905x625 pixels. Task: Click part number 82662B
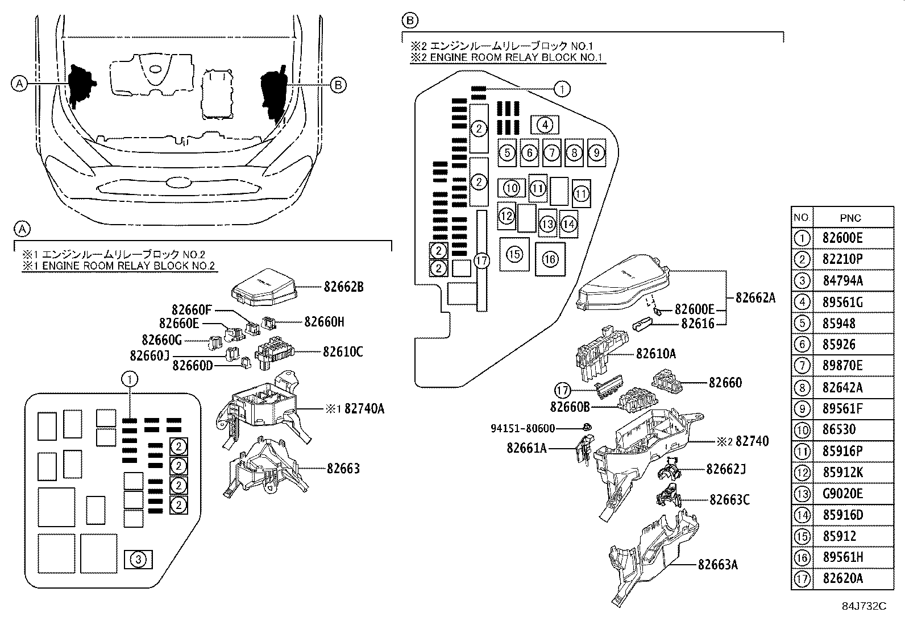[x=343, y=287]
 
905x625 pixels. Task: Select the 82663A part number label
[x=718, y=565]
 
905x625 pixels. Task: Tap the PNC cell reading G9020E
[x=842, y=494]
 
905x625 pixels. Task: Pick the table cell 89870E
[x=842, y=366]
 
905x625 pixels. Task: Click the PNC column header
[x=850, y=218]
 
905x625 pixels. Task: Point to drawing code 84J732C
[x=864, y=606]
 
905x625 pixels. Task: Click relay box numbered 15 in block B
[x=514, y=254]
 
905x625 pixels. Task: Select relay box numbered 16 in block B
[x=550, y=259]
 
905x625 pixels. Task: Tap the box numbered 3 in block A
[x=138, y=560]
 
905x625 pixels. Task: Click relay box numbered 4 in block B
[x=545, y=125]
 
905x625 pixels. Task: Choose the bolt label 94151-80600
[x=523, y=428]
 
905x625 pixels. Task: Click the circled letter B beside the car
[x=338, y=85]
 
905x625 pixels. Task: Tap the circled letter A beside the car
[x=19, y=84]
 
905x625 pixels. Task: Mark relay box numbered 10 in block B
[x=512, y=188]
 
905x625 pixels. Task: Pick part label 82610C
[x=343, y=352]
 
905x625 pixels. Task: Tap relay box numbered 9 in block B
[x=596, y=152]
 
